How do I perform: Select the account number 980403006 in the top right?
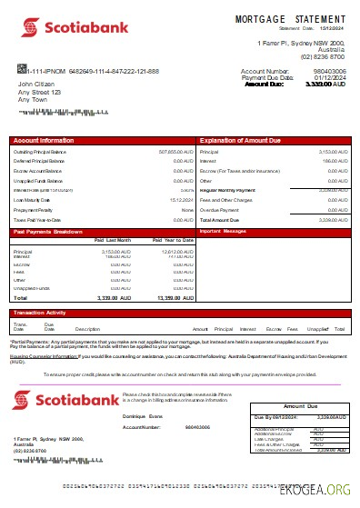pos(331,70)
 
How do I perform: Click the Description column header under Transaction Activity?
pos(87,328)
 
